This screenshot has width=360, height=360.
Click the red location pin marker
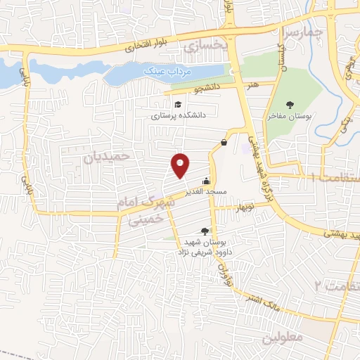181,165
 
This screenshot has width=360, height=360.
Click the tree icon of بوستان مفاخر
290,105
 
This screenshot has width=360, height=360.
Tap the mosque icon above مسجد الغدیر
205,179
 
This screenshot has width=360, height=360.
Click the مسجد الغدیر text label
206,191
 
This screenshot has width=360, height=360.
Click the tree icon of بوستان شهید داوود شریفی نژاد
205,230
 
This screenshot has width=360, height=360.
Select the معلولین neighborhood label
280,338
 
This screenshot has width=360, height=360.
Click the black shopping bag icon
224,142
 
